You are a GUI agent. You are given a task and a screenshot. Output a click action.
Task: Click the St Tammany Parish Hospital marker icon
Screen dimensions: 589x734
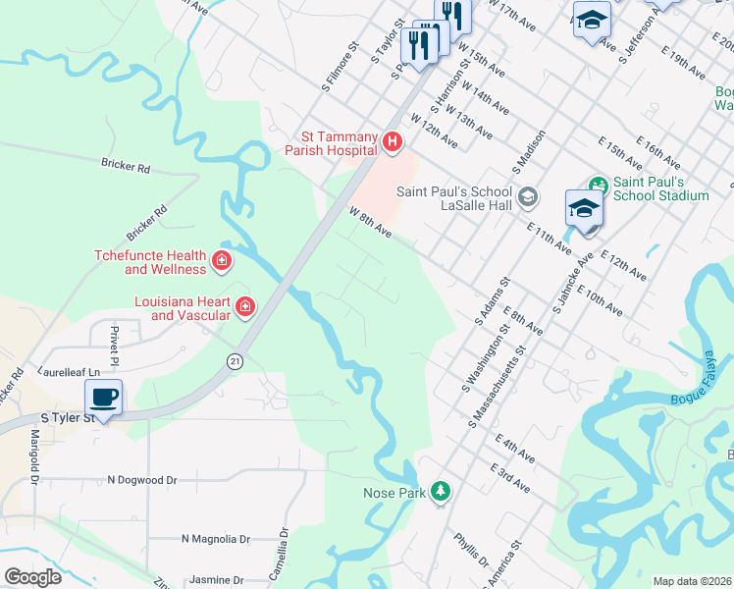point(393,142)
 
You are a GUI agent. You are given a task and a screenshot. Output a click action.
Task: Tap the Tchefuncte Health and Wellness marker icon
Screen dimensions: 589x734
point(223,260)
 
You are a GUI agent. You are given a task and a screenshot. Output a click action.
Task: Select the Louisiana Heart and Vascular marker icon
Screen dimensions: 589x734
point(244,308)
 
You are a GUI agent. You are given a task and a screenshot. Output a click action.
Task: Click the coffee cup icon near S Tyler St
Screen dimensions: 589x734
point(103,398)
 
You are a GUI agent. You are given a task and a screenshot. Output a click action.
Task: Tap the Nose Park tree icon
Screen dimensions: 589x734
point(442,491)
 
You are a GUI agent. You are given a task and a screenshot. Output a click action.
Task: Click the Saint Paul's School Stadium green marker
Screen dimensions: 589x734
point(597,184)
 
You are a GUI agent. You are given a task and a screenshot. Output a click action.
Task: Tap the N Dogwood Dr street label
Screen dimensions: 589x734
point(142,480)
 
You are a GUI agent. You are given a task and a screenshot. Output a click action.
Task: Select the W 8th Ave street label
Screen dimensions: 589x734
point(370,222)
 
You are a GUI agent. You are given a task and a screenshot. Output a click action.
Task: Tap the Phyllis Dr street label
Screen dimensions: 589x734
point(471,549)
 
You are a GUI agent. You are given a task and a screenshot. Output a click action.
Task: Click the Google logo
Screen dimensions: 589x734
point(32,577)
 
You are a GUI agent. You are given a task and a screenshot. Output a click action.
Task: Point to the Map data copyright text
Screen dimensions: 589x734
point(692,581)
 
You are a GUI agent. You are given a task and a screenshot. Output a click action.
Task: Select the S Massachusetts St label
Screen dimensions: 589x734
point(499,385)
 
